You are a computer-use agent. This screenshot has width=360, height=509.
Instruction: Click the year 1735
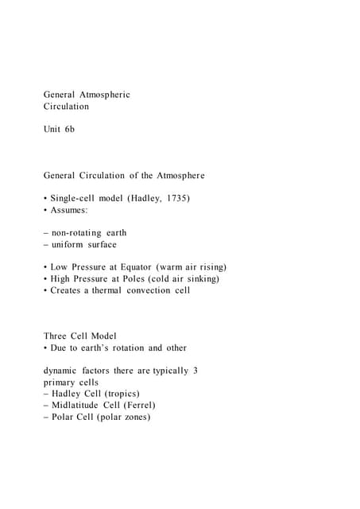pyautogui.click(x=177, y=198)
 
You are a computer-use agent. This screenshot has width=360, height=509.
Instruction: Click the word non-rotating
pyautogui.click(x=76, y=233)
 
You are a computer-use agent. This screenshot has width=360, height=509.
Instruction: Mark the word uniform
pyautogui.click(x=68, y=244)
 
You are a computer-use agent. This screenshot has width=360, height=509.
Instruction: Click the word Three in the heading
pyautogui.click(x=56, y=336)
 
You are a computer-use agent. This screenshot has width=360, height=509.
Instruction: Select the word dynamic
pyautogui.click(x=62, y=371)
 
